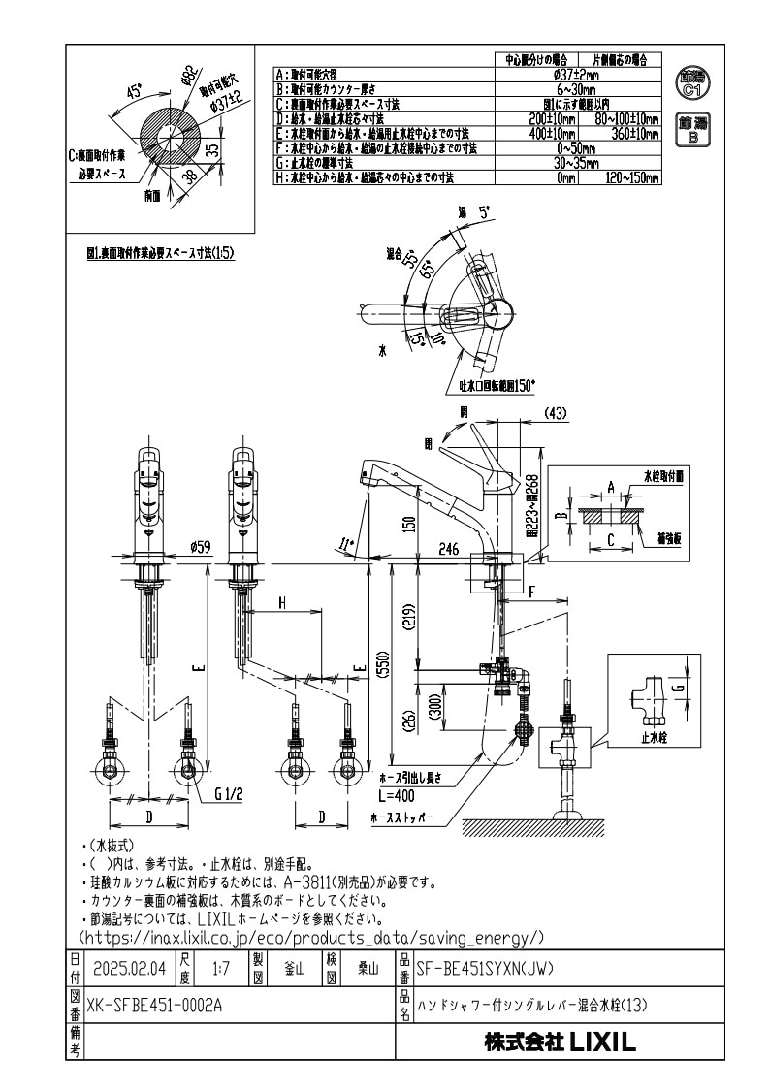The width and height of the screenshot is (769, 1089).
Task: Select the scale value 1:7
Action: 219,968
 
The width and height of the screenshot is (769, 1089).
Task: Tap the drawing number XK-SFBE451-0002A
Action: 155,1005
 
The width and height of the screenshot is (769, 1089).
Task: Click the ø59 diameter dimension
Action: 201,547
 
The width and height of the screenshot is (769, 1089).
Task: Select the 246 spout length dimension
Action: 448,549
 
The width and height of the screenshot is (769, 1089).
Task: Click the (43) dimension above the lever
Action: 555,413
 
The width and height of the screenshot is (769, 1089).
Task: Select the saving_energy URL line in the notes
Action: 310,938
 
